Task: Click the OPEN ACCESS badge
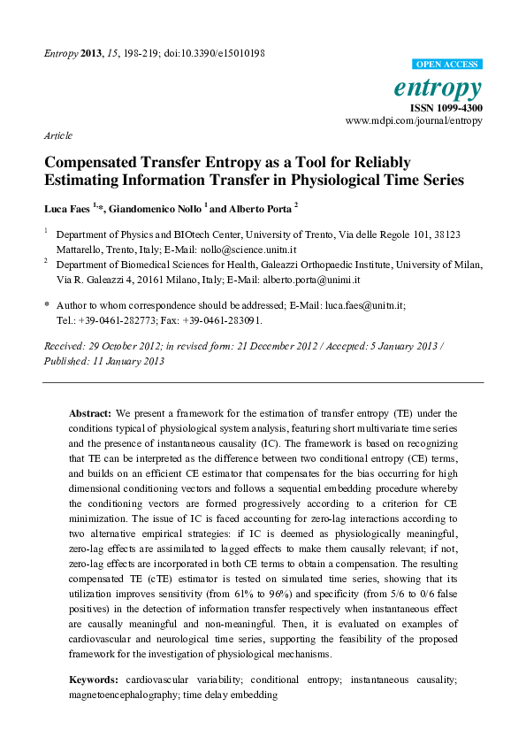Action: tap(449, 65)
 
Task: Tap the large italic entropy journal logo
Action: tap(452, 88)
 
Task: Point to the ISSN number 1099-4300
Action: tap(459, 106)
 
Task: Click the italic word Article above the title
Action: tap(57, 136)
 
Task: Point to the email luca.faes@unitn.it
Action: tap(363, 304)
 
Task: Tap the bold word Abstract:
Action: tap(90, 413)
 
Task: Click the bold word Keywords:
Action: tap(94, 679)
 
